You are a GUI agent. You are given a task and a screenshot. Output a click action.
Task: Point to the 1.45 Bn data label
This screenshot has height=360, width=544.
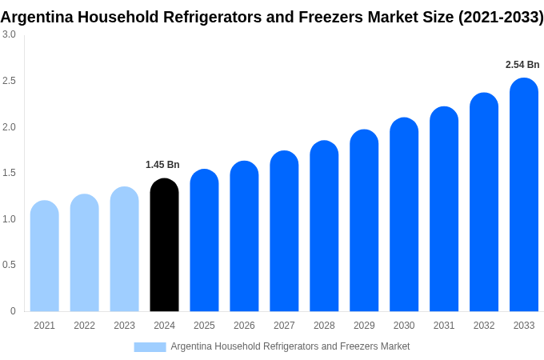[162, 165]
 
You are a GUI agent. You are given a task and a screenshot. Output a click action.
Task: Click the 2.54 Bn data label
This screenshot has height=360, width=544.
[522, 65]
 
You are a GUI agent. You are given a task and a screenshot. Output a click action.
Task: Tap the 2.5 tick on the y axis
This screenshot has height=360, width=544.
[9, 81]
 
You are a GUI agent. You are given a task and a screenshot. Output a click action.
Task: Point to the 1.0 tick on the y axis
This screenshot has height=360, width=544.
[9, 219]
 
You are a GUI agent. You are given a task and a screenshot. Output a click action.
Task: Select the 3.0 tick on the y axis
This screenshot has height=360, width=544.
[9, 34]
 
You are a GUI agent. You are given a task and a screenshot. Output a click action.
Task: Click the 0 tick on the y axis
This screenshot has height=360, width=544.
[13, 311]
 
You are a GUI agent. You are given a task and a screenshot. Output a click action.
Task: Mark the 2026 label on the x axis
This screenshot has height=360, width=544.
[244, 326]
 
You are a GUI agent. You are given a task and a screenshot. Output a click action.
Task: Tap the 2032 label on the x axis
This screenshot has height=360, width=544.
[484, 326]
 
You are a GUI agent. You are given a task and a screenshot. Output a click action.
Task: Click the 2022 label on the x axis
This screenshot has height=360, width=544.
[84, 326]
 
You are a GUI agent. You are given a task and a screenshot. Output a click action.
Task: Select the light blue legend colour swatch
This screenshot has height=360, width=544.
[150, 347]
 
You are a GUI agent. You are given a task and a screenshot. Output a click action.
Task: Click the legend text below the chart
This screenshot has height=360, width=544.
[290, 346]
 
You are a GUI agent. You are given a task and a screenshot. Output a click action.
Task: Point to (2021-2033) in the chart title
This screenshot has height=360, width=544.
[500, 17]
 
